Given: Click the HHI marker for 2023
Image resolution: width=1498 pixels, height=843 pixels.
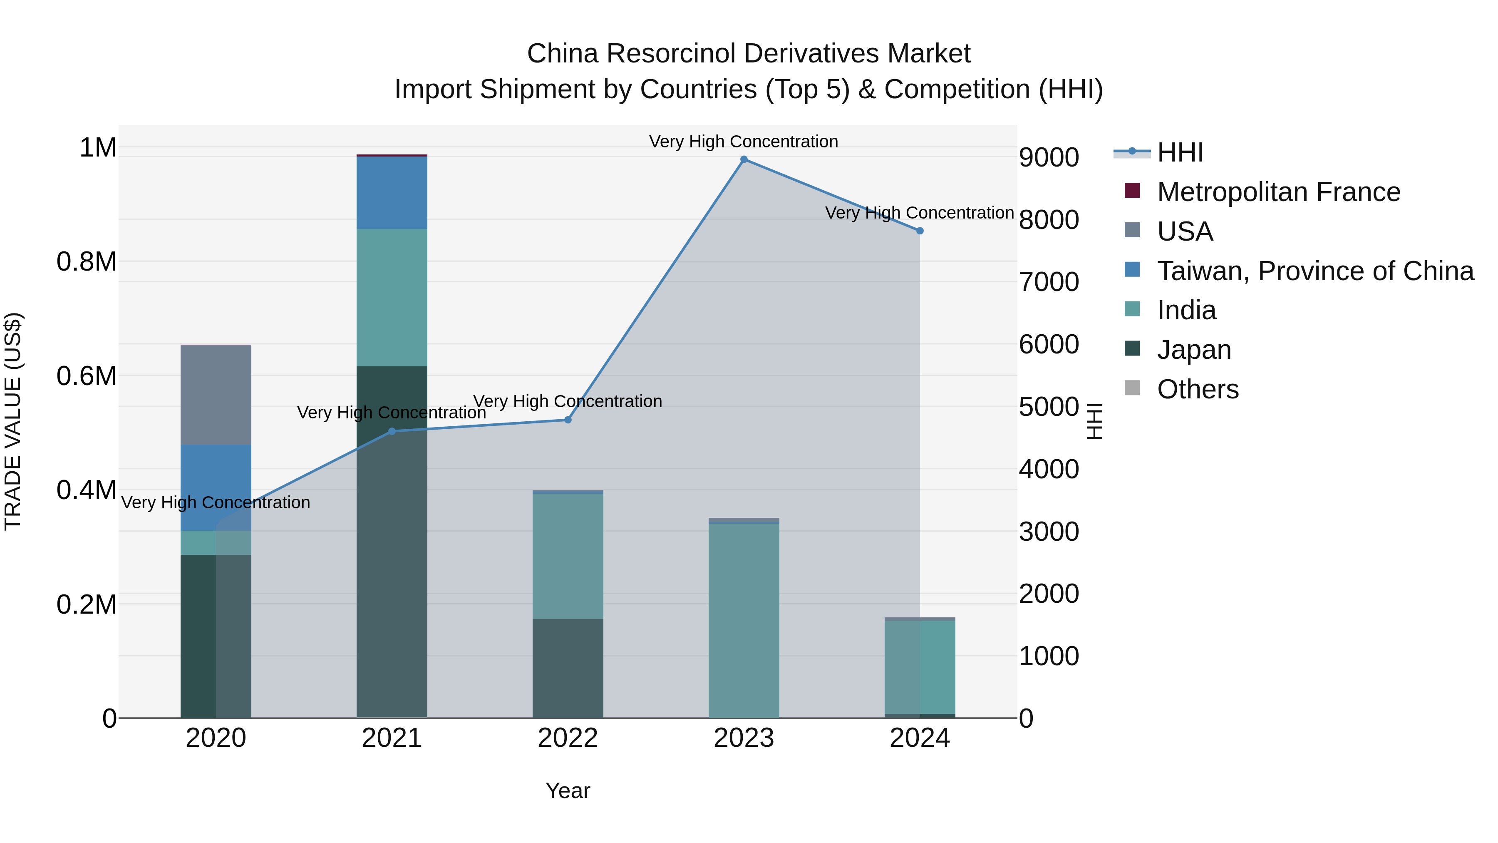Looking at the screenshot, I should (x=744, y=159).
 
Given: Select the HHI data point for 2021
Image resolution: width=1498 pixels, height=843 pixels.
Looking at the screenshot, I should (x=392, y=431).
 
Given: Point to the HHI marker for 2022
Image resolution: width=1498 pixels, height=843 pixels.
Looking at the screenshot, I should (x=568, y=420).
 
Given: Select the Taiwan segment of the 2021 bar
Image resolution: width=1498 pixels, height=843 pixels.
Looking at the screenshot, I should (x=392, y=193).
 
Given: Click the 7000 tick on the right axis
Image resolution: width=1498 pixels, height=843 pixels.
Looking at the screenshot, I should (x=1049, y=282).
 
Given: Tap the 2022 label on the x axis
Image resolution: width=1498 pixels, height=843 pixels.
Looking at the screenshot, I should (x=568, y=738).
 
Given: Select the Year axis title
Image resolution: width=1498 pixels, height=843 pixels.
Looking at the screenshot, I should (x=568, y=791).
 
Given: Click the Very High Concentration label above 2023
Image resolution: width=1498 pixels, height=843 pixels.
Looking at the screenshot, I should (x=743, y=142).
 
